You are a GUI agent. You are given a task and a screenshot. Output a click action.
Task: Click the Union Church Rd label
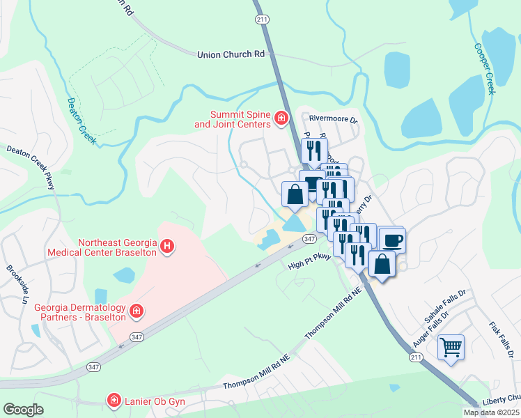coord(231,54)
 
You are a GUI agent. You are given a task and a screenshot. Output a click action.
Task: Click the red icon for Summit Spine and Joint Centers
coord(281,119)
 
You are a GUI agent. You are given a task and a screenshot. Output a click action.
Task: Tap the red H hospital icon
coord(167,246)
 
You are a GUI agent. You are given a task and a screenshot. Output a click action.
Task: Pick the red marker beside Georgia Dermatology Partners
coord(137,311)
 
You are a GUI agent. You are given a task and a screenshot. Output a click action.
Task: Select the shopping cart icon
coord(451,346)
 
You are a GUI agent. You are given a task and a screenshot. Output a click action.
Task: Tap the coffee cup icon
coord(392,240)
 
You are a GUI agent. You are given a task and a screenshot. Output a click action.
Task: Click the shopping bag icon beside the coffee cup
coord(382,263)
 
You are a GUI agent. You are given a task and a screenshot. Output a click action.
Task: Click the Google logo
coord(24,410)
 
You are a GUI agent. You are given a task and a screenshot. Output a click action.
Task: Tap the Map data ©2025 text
coord(490,412)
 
